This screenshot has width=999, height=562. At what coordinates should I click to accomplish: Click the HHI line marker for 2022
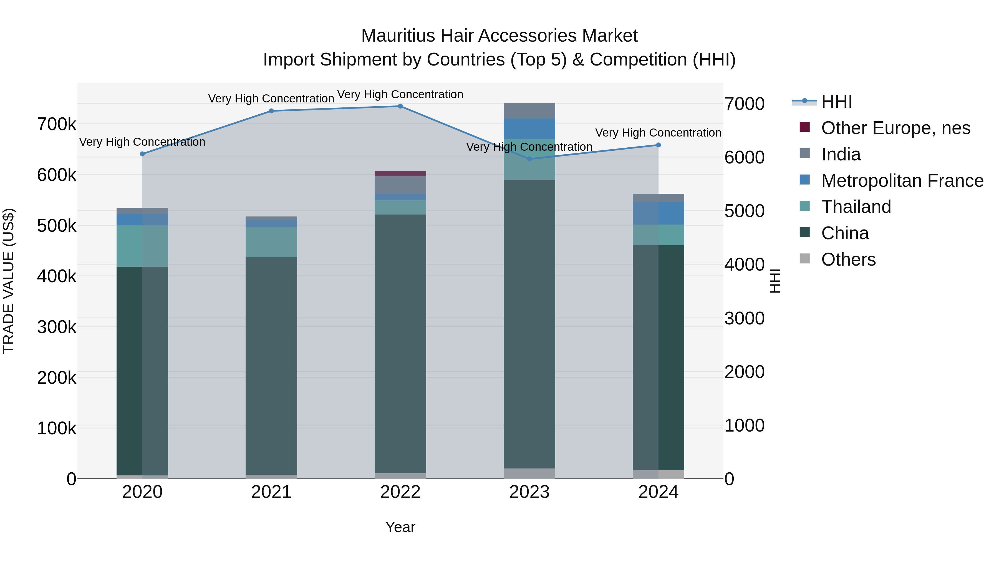pyautogui.click(x=400, y=106)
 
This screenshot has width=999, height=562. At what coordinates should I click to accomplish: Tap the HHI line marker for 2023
pyautogui.click(x=529, y=159)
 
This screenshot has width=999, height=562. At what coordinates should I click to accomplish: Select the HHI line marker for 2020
pyautogui.click(x=142, y=154)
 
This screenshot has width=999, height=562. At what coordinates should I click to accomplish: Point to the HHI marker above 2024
pyautogui.click(x=658, y=145)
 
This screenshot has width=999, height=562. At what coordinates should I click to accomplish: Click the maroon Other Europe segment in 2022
pyautogui.click(x=400, y=174)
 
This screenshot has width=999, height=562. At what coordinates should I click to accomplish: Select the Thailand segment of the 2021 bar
pyautogui.click(x=271, y=242)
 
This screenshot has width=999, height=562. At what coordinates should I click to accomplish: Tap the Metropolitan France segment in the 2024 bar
pyautogui.click(x=658, y=213)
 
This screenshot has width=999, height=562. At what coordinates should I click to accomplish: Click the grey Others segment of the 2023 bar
pyautogui.click(x=529, y=473)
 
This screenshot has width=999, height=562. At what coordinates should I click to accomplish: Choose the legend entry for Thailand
pyautogui.click(x=856, y=207)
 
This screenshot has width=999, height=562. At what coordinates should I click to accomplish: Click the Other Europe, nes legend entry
pyautogui.click(x=895, y=128)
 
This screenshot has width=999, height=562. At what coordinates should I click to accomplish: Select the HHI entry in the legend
pyautogui.click(x=836, y=102)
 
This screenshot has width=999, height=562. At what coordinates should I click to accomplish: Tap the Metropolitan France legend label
pyautogui.click(x=902, y=181)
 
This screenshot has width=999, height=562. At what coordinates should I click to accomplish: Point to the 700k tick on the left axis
pyautogui.click(x=57, y=125)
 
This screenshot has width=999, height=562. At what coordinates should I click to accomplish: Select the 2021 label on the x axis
pyautogui.click(x=271, y=492)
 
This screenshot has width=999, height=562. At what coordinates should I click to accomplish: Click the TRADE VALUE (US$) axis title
pyautogui.click(x=9, y=281)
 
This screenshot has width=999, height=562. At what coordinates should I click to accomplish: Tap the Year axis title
pyautogui.click(x=400, y=527)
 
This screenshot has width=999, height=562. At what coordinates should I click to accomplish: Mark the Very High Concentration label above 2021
pyautogui.click(x=271, y=99)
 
